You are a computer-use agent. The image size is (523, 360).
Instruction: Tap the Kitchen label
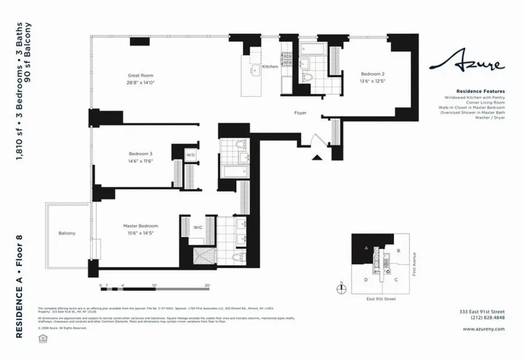270,67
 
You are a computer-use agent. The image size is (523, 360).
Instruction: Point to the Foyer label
300,113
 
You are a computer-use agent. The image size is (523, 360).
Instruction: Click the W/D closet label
191,154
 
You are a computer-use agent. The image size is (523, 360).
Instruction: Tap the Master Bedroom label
140,226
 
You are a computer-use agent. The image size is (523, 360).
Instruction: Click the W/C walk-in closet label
198,227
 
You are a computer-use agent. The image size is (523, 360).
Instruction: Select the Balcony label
67,233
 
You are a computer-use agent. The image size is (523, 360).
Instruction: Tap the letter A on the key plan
366,248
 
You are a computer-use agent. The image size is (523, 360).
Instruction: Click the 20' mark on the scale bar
208,286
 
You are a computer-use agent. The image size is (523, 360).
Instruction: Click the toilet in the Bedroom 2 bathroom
308,78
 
